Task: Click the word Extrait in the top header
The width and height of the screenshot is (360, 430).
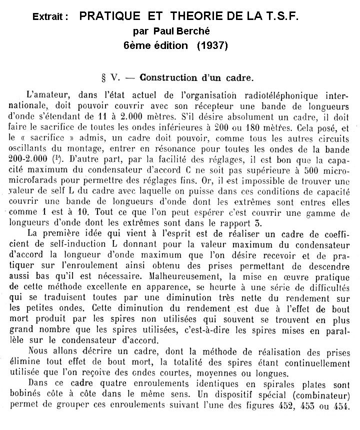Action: click(47, 17)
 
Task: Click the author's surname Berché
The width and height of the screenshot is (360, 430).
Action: click(209, 30)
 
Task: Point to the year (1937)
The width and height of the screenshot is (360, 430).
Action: click(212, 45)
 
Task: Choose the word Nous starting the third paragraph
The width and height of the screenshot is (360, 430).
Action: click(40, 353)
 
